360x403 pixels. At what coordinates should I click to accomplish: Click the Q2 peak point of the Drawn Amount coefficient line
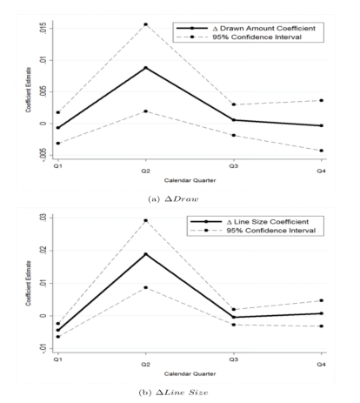click(146, 68)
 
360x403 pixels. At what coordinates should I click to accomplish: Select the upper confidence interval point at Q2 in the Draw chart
click(146, 24)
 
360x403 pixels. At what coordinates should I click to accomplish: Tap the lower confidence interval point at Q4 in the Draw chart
click(321, 151)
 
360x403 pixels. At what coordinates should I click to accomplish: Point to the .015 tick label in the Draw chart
click(43, 29)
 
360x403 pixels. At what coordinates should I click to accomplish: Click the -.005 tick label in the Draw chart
click(43, 154)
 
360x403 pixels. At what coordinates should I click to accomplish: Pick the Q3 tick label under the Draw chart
click(234, 166)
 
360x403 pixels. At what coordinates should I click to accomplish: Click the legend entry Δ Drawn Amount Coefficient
click(246, 29)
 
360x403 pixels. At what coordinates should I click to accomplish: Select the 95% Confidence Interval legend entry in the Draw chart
click(239, 37)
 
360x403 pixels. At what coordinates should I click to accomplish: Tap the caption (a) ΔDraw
click(173, 199)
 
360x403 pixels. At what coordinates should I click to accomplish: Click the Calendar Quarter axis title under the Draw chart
click(190, 180)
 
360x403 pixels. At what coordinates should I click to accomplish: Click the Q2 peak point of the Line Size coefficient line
click(146, 254)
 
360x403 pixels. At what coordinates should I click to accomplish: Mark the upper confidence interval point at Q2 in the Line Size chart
click(146, 220)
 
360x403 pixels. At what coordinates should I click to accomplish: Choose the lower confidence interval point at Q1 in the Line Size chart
click(58, 337)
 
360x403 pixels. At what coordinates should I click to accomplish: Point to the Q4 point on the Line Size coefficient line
click(321, 313)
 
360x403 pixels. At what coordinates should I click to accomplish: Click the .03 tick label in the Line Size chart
click(43, 218)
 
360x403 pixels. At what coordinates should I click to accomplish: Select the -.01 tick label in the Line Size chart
click(43, 348)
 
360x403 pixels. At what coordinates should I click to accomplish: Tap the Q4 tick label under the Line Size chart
click(321, 365)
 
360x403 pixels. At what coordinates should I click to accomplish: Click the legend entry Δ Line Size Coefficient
click(250, 222)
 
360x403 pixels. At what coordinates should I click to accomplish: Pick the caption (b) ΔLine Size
click(173, 393)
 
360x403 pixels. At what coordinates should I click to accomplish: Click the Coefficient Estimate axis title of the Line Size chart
click(28, 283)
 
